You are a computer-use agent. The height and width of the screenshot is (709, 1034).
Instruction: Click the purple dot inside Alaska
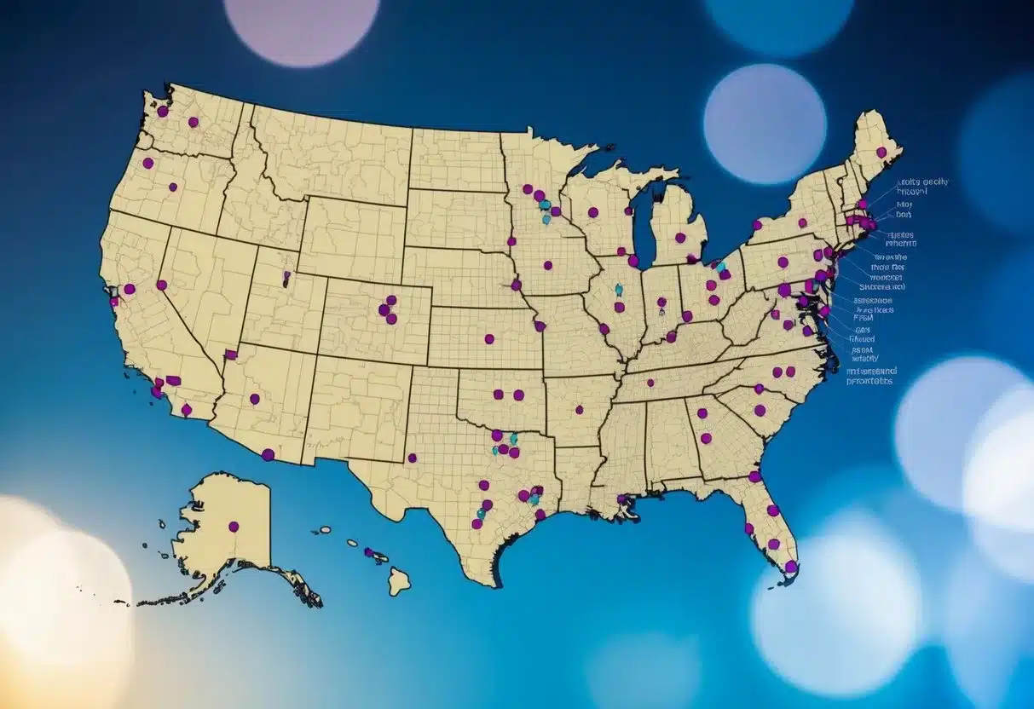tap(233, 527)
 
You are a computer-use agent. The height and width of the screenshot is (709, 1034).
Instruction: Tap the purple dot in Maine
tap(881, 153)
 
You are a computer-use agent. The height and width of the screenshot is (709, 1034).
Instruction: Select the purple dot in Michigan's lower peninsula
tap(680, 238)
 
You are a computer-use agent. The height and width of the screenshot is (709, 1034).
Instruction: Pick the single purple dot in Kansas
tap(489, 339)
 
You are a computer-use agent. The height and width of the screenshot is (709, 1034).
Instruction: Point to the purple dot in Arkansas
tap(579, 409)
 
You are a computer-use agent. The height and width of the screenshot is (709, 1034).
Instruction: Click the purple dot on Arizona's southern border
tap(268, 454)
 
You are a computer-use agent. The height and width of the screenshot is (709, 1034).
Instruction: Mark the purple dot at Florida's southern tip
tap(791, 566)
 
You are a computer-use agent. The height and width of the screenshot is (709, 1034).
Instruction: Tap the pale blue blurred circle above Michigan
tap(765, 124)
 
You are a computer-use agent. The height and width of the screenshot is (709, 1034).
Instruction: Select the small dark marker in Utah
tap(286, 278)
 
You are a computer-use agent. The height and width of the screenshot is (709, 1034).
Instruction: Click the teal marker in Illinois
tap(619, 290)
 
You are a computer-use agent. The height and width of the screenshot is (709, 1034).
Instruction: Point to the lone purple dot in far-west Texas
tap(412, 458)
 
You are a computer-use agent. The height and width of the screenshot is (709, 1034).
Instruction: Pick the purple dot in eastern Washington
tap(194, 122)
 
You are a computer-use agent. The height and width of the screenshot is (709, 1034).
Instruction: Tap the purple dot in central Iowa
tap(547, 265)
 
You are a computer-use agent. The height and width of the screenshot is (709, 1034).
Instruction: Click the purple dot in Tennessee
tap(650, 383)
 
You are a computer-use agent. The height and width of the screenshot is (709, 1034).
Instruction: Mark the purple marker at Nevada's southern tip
tap(230, 354)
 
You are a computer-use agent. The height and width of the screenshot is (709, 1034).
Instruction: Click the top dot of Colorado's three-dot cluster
tap(391, 300)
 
